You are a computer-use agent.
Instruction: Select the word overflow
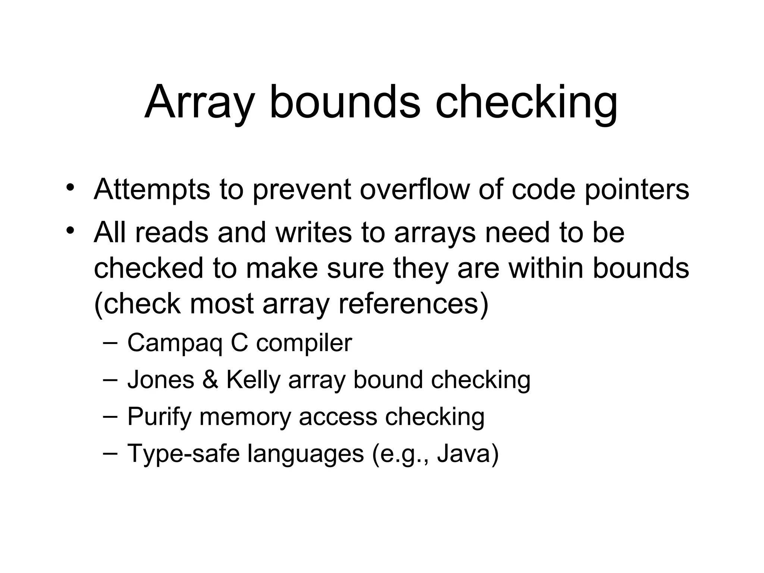414,190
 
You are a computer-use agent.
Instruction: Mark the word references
408,304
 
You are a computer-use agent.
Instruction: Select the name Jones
161,380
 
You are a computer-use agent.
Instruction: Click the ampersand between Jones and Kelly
210,380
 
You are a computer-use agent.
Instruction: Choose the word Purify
159,417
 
